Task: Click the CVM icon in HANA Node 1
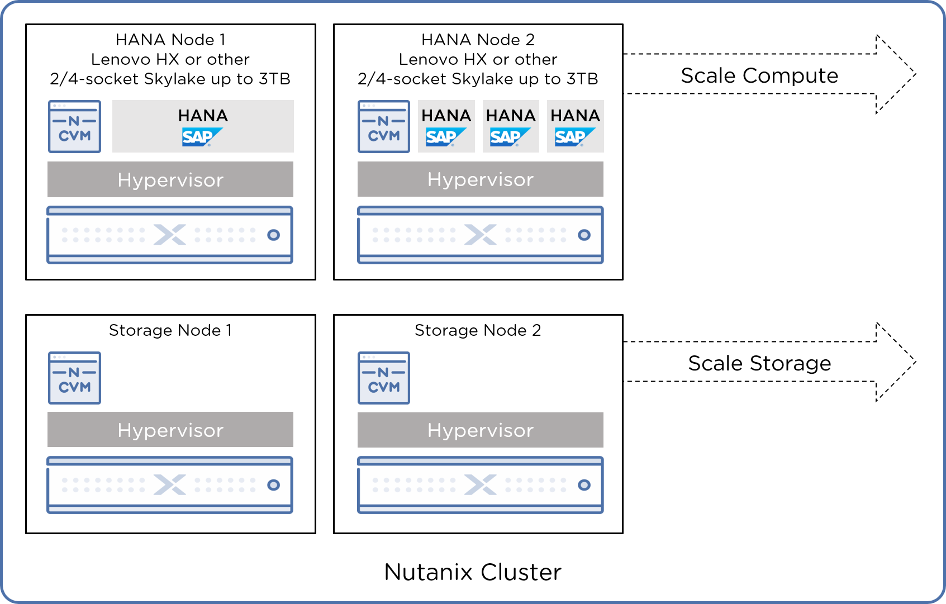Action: pyautogui.click(x=74, y=126)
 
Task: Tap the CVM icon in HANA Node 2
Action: pyautogui.click(x=384, y=126)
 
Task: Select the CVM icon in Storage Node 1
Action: pyautogui.click(x=74, y=378)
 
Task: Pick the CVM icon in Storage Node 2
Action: pyautogui.click(x=384, y=378)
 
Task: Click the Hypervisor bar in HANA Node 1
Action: pyautogui.click(x=170, y=179)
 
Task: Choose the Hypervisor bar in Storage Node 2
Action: pyautogui.click(x=481, y=430)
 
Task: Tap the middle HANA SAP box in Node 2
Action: pyautogui.click(x=511, y=126)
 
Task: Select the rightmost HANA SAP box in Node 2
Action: pyautogui.click(x=575, y=126)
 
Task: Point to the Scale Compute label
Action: pyautogui.click(x=759, y=75)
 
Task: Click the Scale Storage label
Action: pyautogui.click(x=759, y=363)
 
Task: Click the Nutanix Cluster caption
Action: pyautogui.click(x=473, y=572)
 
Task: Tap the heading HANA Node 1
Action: pyautogui.click(x=170, y=40)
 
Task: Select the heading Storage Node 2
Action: pyautogui.click(x=478, y=330)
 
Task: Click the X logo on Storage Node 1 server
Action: pyautogui.click(x=170, y=485)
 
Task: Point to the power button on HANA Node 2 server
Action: pyautogui.click(x=584, y=235)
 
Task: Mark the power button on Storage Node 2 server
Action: pyautogui.click(x=584, y=485)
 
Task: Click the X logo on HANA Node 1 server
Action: pyautogui.click(x=170, y=235)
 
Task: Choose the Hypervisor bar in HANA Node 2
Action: pyautogui.click(x=481, y=179)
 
